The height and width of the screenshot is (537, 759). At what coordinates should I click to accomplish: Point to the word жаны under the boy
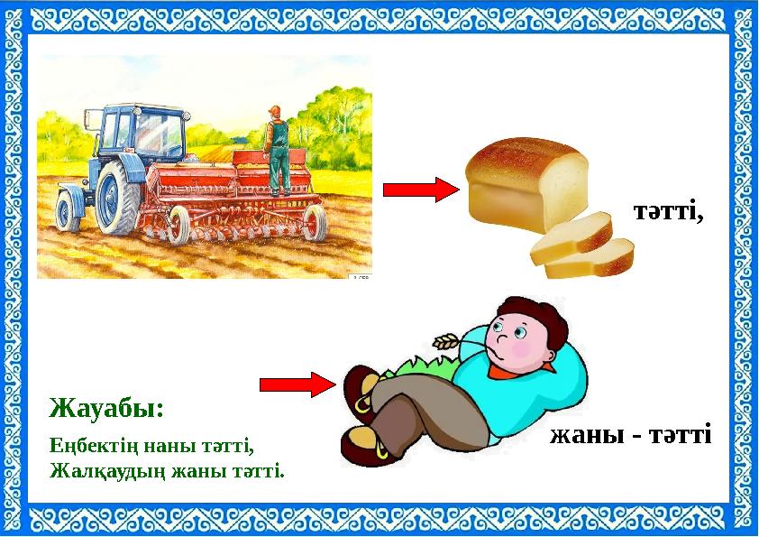coord(582,435)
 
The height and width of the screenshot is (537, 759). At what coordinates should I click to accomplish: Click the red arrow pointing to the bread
coord(422,190)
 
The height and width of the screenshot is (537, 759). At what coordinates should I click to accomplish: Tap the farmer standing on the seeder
coord(278,149)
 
